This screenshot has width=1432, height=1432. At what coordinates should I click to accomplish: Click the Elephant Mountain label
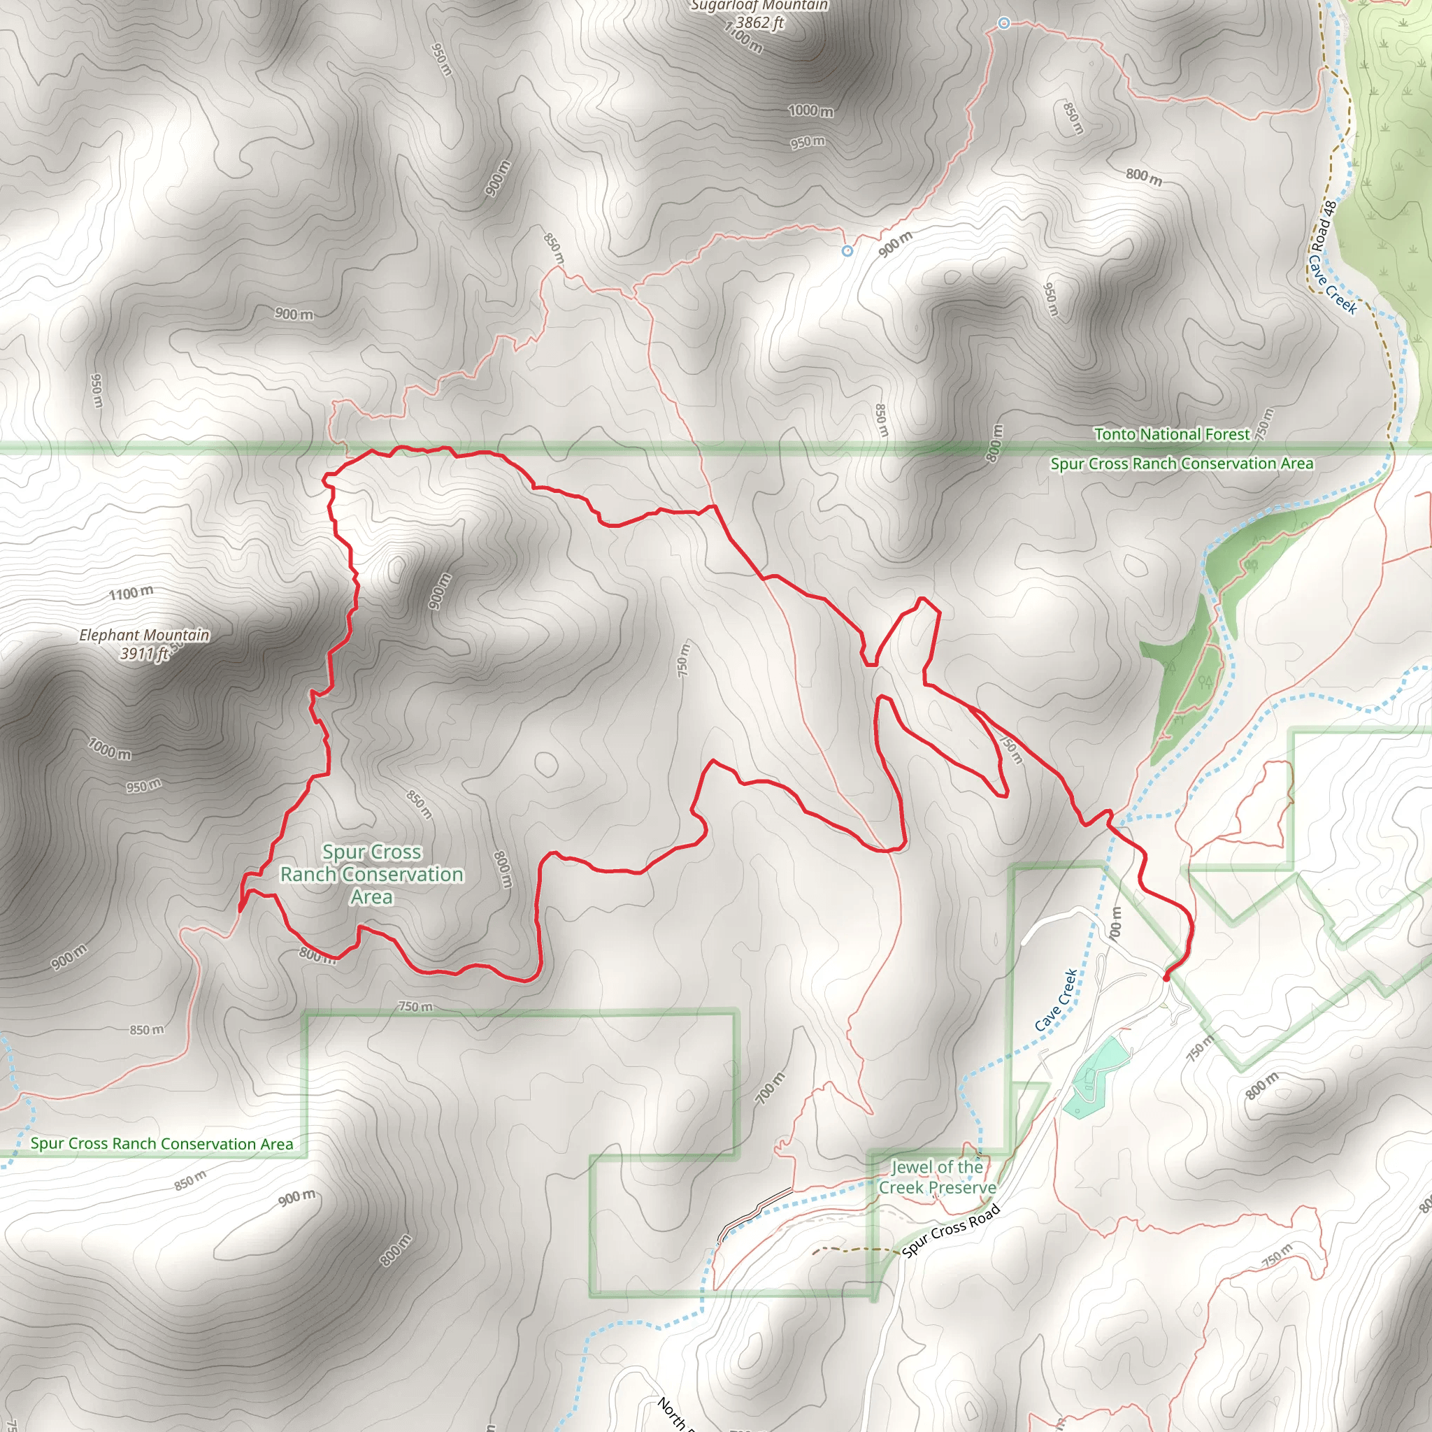(x=145, y=635)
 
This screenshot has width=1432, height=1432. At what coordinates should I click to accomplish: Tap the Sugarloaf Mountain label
(x=758, y=6)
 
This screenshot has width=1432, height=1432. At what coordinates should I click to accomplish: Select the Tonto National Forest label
(x=1171, y=434)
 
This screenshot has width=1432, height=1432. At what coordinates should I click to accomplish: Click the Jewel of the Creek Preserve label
(x=937, y=1177)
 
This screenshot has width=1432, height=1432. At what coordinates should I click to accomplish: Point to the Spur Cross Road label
(x=951, y=1231)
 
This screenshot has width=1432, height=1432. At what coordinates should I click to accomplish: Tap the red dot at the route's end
(x=1166, y=978)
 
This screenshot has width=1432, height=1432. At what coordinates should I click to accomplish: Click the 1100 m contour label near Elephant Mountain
(x=131, y=593)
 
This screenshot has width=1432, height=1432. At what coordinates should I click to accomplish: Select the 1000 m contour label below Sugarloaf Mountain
(x=810, y=111)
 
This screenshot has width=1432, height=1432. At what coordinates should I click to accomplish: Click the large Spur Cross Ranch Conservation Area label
(x=371, y=875)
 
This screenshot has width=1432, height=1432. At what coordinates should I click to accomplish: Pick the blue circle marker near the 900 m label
(x=847, y=251)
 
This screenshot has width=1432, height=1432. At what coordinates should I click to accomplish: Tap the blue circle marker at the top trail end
(x=1003, y=24)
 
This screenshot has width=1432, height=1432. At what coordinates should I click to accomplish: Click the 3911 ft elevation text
(x=145, y=654)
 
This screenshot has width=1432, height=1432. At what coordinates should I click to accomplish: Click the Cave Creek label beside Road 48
(x=1332, y=285)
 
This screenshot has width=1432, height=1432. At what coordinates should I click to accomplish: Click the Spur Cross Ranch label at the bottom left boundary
(x=162, y=1144)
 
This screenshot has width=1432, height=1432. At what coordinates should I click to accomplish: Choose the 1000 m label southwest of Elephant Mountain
(x=110, y=749)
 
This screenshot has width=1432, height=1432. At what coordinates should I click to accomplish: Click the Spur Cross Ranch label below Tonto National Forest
(x=1182, y=464)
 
